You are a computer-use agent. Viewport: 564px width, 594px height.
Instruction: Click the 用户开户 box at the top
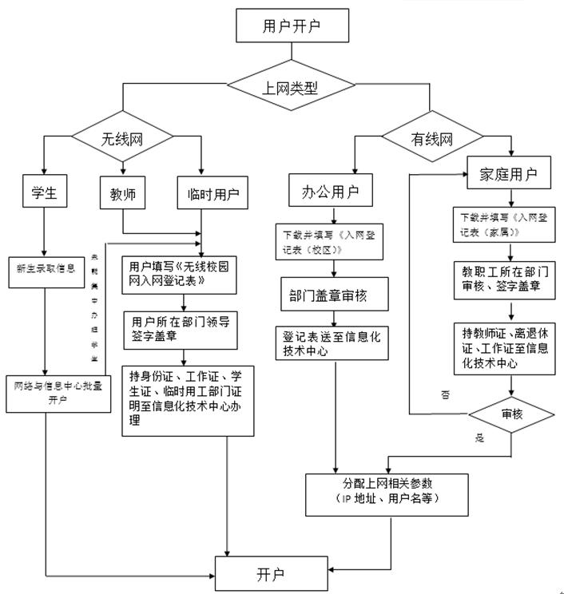coord(293,26)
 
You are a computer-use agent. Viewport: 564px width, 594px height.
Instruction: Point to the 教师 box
coord(122,193)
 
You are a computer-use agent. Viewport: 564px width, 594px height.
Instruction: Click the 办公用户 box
coord(330,192)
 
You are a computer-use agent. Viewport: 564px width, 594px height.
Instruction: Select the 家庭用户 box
coord(508,173)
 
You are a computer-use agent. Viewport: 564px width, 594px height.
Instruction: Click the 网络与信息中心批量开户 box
coord(58,393)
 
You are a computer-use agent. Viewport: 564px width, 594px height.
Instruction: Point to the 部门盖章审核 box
coord(335,295)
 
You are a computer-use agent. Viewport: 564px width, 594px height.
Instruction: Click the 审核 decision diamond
coord(510,414)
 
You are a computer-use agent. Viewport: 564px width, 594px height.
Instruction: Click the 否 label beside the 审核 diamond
coord(445,395)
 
